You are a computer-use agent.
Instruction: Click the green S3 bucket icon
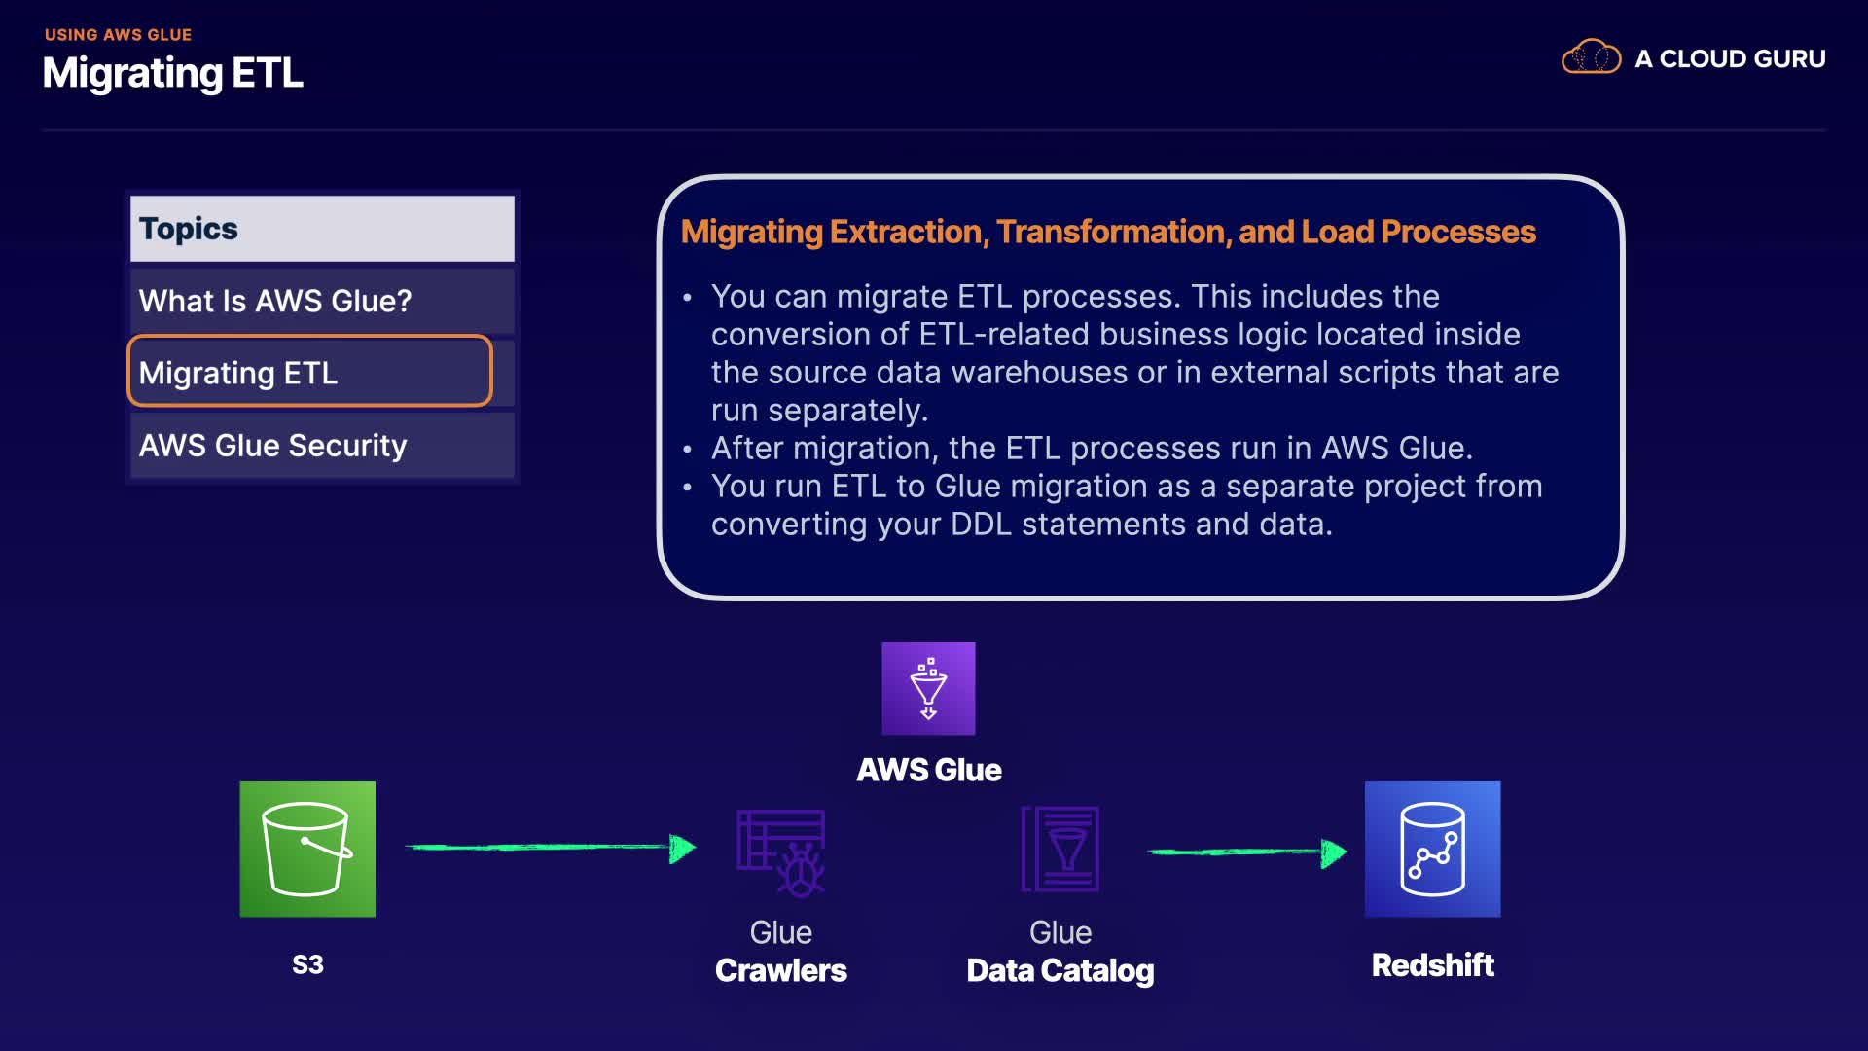(307, 849)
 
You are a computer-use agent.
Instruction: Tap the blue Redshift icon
(1432, 849)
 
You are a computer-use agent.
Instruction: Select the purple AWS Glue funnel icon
(928, 688)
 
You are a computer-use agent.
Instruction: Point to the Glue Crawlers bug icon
(781, 852)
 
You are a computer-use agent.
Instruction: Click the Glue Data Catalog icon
(1060, 849)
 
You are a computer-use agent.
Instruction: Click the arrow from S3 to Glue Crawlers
(551, 848)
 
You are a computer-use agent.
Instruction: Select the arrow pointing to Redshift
(1248, 852)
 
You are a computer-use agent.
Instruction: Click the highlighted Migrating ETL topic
(309, 371)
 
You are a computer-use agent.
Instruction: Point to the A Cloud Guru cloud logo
(1591, 57)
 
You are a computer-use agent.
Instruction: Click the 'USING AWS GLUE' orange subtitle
(118, 35)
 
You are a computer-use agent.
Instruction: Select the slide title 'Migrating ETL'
(173, 73)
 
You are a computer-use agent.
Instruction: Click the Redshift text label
(1432, 964)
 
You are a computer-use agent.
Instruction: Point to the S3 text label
(307, 964)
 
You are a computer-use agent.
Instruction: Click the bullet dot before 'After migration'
(688, 450)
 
